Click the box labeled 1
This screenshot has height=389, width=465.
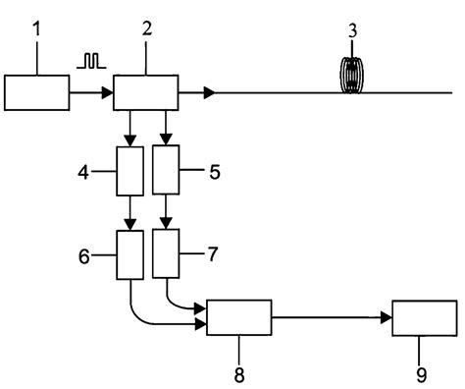click(x=36, y=94)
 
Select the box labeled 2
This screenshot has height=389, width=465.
click(x=146, y=94)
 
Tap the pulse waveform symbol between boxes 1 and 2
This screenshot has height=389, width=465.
click(x=91, y=61)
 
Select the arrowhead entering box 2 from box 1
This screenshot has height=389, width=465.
click(x=108, y=94)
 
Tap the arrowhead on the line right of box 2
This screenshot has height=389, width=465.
click(x=208, y=94)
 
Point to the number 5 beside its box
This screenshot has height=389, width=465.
click(x=214, y=170)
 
